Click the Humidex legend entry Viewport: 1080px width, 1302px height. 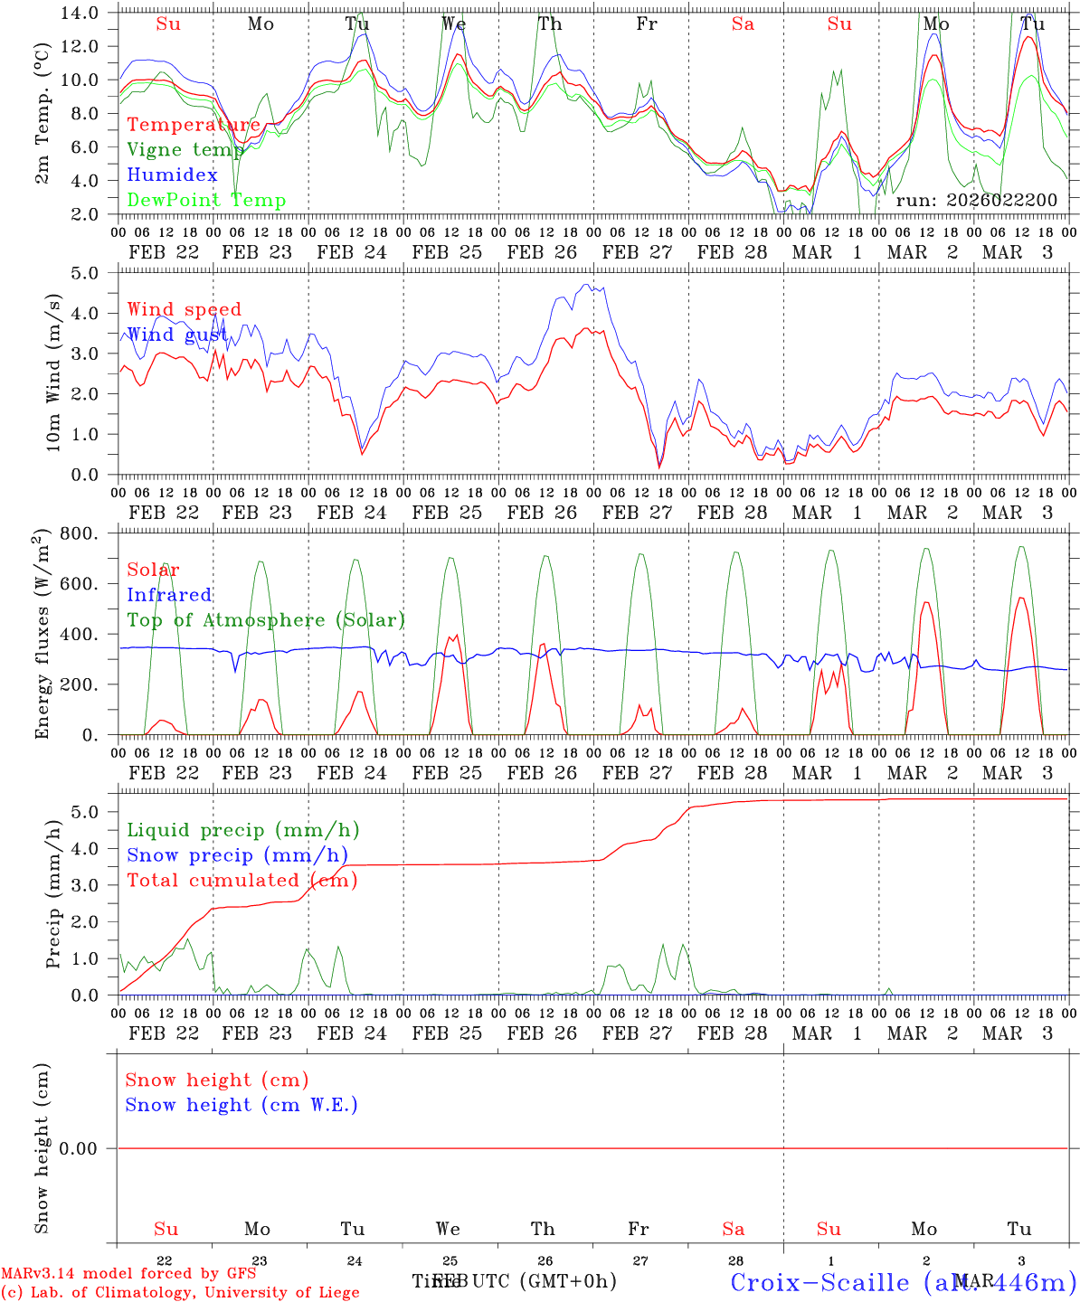(172, 175)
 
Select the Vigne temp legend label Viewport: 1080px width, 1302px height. (185, 150)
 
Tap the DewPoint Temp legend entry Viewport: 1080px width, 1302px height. (206, 201)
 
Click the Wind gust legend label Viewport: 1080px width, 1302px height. (178, 335)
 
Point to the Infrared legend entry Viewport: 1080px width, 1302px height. (169, 595)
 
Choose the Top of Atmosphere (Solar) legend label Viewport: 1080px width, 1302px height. (265, 620)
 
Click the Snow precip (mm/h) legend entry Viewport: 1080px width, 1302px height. (237, 855)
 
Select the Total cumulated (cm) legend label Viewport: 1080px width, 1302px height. (242, 881)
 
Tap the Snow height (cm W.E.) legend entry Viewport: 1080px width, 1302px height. (241, 1105)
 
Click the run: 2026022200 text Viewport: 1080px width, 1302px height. (976, 200)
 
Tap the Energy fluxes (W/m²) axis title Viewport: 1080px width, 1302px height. (42, 636)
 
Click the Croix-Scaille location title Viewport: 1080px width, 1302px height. (903, 1282)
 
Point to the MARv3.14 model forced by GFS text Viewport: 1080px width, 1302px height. (128, 1274)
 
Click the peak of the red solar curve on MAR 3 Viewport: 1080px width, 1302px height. (1021, 598)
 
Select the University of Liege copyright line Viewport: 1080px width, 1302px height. (180, 1293)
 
